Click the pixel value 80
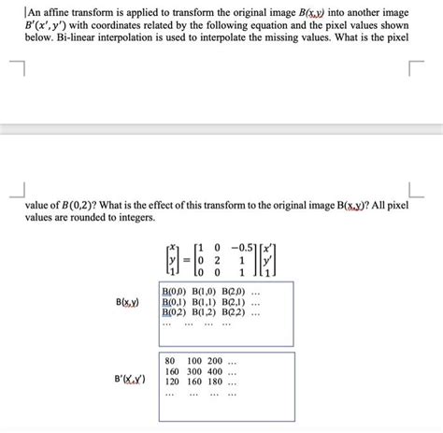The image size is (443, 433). (x=170, y=361)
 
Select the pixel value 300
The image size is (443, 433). (x=194, y=371)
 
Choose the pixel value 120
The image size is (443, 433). (x=172, y=382)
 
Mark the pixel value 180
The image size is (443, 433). (x=216, y=382)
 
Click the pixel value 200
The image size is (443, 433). (x=216, y=361)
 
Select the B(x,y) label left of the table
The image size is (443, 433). (x=128, y=303)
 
